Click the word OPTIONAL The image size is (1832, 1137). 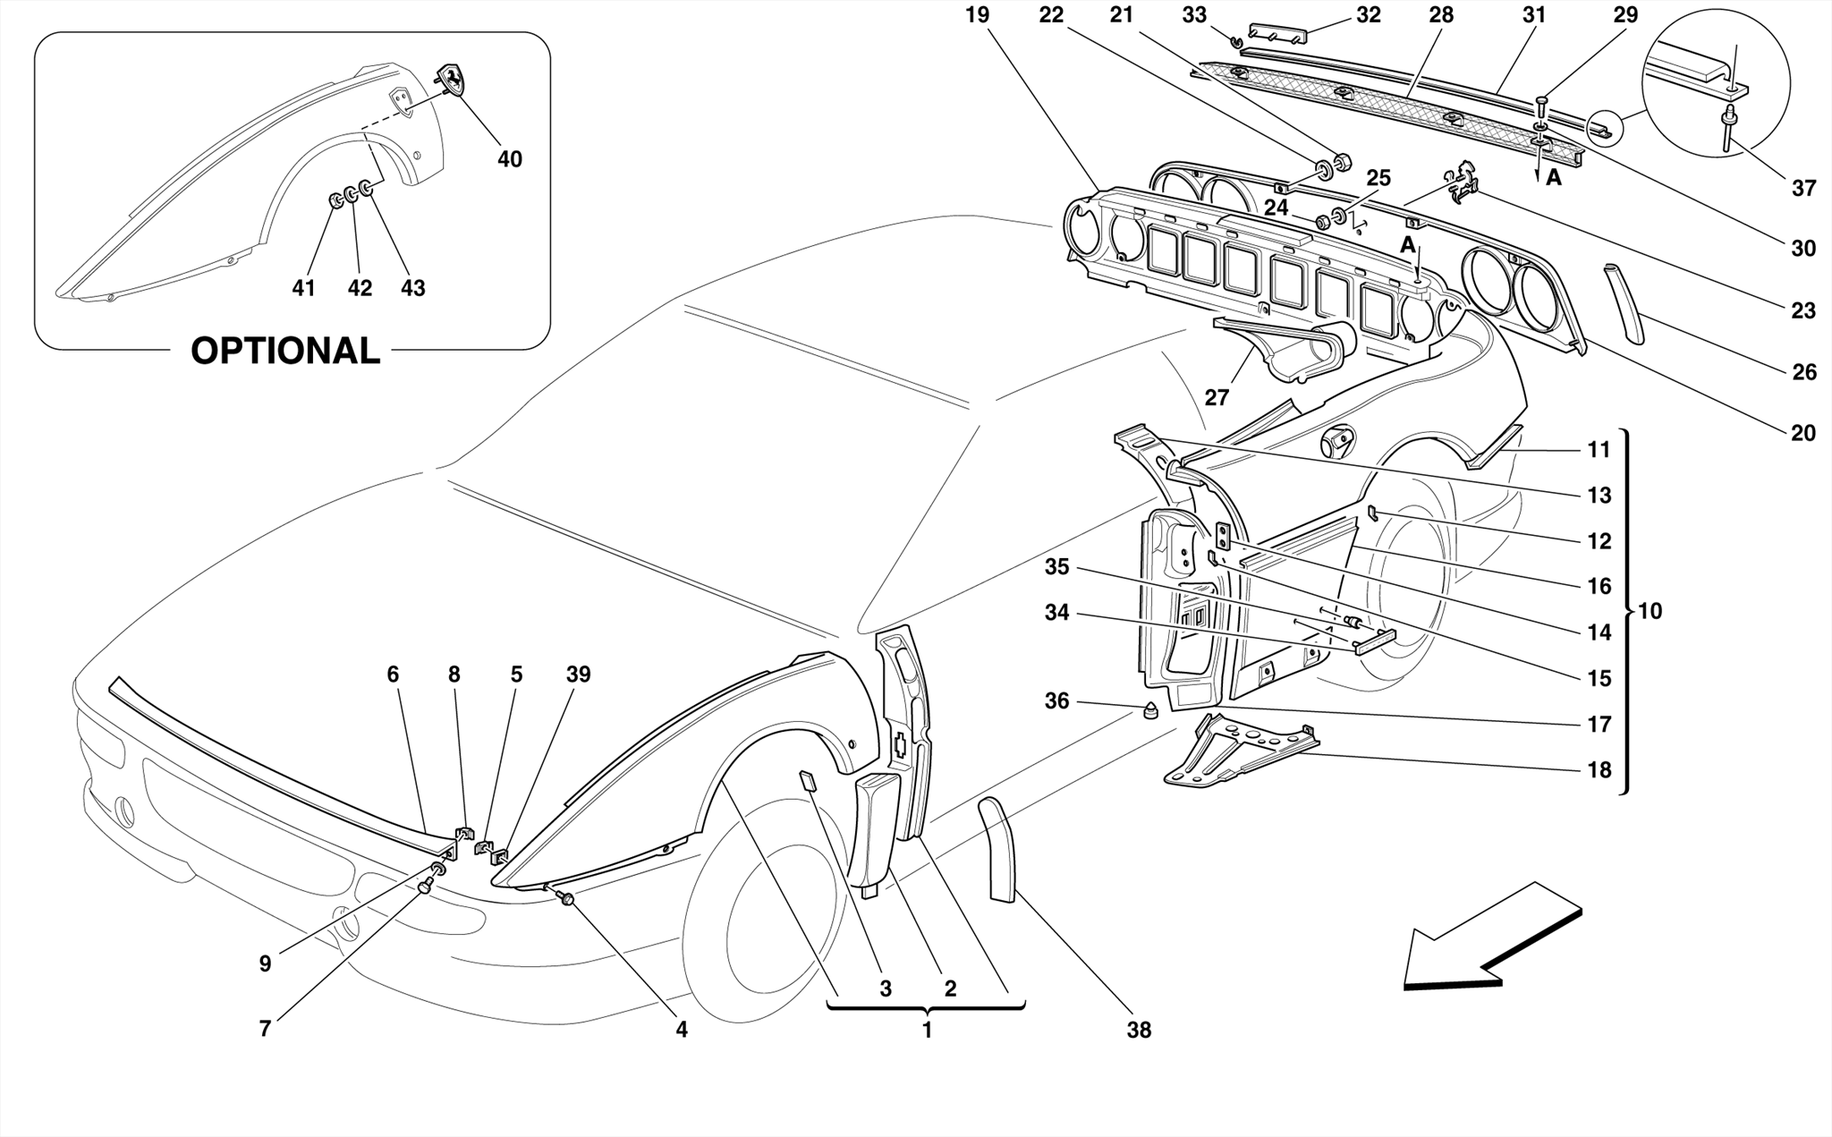click(x=285, y=351)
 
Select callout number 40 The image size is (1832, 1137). click(x=510, y=159)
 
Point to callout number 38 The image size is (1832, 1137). click(x=1139, y=1031)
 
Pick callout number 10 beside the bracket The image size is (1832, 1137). click(x=1650, y=611)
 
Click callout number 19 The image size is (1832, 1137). click(x=978, y=15)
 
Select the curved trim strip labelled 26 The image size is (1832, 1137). click(x=1624, y=304)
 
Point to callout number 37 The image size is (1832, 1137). click(x=1804, y=188)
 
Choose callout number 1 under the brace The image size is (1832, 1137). click(x=928, y=1030)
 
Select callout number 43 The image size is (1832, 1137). click(x=412, y=288)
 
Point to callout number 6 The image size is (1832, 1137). click(x=393, y=675)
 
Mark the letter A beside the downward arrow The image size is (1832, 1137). click(x=1554, y=178)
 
